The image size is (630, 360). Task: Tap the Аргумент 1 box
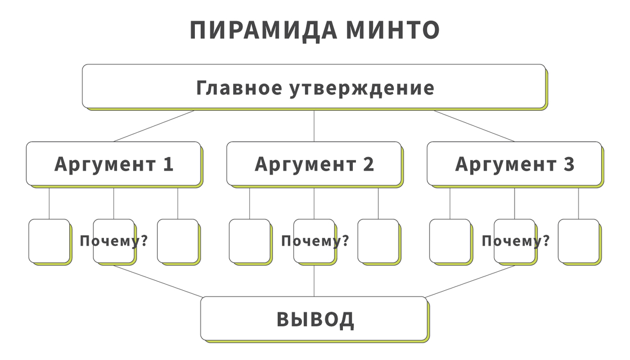point(113,164)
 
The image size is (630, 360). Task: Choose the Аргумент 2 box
point(314,164)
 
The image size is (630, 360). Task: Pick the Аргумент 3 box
point(514,164)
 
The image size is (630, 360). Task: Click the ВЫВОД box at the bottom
point(314,319)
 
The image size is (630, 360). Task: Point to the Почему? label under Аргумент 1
point(113,241)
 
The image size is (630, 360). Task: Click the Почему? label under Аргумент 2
point(315,241)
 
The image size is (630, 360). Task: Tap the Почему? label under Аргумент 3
point(516,241)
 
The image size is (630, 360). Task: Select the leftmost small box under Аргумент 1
point(49,241)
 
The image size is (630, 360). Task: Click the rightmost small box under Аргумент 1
point(177,241)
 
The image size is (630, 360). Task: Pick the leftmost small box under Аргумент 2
point(249,241)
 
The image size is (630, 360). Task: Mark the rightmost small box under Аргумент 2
point(378,241)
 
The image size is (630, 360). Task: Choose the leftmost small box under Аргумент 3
point(450,241)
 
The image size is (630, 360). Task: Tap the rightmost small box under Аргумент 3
point(579,241)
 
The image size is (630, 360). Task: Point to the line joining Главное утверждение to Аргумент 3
point(474,126)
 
